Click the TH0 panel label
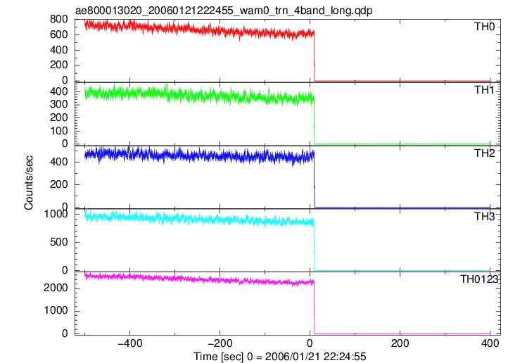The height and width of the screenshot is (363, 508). pyautogui.click(x=485, y=27)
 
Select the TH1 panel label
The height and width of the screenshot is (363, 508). pyautogui.click(x=485, y=90)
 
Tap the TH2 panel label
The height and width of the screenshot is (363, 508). pyautogui.click(x=485, y=153)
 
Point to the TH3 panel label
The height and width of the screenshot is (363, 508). pyautogui.click(x=485, y=216)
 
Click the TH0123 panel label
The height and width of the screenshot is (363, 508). pyautogui.click(x=479, y=279)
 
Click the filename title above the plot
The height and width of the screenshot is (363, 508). pyautogui.click(x=224, y=11)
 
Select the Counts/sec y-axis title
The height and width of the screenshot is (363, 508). pyautogui.click(x=29, y=183)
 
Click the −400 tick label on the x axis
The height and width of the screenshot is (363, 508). pyautogui.click(x=130, y=343)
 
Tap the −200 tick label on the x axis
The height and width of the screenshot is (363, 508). pyautogui.click(x=220, y=343)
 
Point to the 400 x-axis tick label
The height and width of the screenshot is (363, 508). pyautogui.click(x=490, y=343)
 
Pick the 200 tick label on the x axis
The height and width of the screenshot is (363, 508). pyautogui.click(x=400, y=343)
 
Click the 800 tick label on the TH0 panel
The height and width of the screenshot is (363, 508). pyautogui.click(x=59, y=20)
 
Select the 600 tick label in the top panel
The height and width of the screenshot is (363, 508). pyautogui.click(x=59, y=34)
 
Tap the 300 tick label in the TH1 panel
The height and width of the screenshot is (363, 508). pyautogui.click(x=59, y=104)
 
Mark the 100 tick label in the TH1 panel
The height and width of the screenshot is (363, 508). pyautogui.click(x=59, y=131)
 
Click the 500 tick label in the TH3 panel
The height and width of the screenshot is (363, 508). pyautogui.click(x=59, y=242)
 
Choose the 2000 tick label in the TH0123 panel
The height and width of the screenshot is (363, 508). pyautogui.click(x=56, y=288)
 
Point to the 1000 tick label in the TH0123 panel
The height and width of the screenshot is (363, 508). pyautogui.click(x=56, y=310)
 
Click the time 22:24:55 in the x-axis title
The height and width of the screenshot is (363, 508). pyautogui.click(x=345, y=357)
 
